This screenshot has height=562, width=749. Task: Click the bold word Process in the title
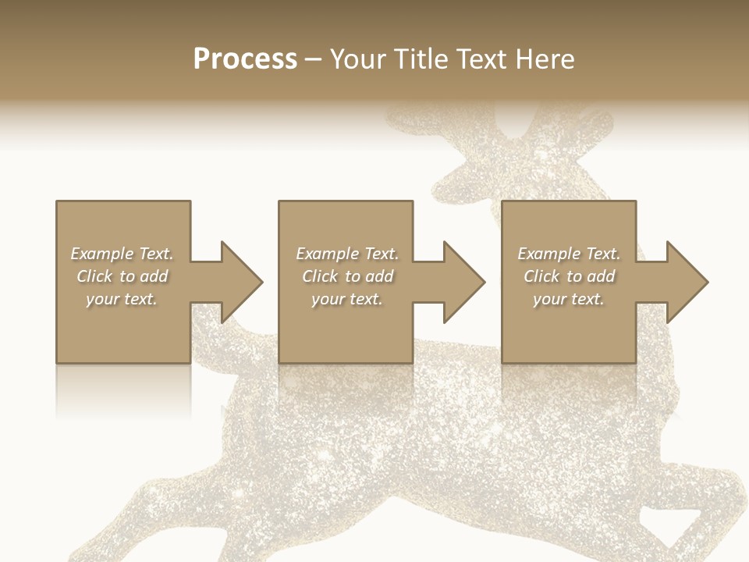point(245,59)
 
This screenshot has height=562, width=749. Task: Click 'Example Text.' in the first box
point(122,254)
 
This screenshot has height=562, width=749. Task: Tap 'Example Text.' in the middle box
point(346,254)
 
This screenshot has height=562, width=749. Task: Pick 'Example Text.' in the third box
point(569,254)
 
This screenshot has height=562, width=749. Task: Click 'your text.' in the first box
point(122,299)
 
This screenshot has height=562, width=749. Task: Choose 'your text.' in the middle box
point(346,299)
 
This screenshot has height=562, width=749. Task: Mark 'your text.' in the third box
point(569,299)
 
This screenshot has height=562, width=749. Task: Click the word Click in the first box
point(94,276)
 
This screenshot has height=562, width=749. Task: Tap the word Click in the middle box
point(319,276)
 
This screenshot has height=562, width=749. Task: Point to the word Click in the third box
point(541,276)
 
